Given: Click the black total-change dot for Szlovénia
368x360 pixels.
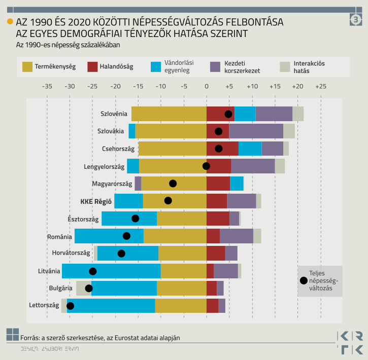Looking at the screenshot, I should coord(228,114).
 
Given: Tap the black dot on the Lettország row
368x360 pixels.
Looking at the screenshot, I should coord(70,306).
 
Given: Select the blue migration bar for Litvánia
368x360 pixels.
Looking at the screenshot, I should coord(111,271).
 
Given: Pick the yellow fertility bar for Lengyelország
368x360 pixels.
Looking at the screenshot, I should coord(173,166).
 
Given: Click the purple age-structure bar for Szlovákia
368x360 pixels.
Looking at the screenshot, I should coord(256,131).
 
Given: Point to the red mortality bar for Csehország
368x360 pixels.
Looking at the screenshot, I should coord(222,149).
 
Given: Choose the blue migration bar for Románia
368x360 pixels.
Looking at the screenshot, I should coord(109,236).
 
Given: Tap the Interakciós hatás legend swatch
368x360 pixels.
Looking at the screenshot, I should coord(285,66).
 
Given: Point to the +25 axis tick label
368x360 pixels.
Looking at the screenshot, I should coord(320,87).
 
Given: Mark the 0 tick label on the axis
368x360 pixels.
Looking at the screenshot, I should coord(207,87).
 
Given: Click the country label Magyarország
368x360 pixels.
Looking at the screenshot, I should coord(112,184).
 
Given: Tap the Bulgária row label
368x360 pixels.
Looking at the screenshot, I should coord(60,288).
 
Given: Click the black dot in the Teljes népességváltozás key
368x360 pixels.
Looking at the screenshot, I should coord(304,280).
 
